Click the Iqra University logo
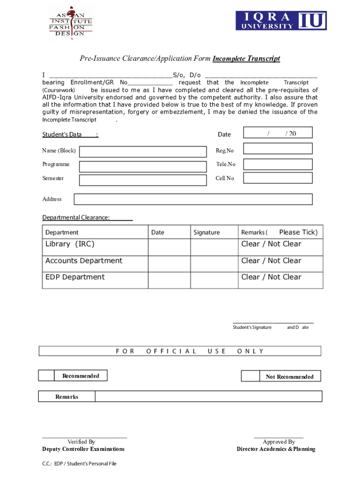pos(281,21)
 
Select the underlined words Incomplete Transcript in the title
pos(246,58)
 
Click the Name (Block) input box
pos(143,152)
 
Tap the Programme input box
pos(143,166)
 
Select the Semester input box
pos(143,180)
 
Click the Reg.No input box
pos(278,148)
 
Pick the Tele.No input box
pos(278,164)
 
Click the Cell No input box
pos(278,178)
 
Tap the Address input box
pos(193,199)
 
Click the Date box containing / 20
pos(278,134)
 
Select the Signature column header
pos(207,232)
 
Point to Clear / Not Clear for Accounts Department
pos(272,261)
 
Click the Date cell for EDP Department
pos(169,280)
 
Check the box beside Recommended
pos(46,376)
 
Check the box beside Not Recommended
pos(250,376)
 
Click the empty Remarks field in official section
pos(208,396)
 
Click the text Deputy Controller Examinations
pos(83,449)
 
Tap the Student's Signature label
pos(252,327)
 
